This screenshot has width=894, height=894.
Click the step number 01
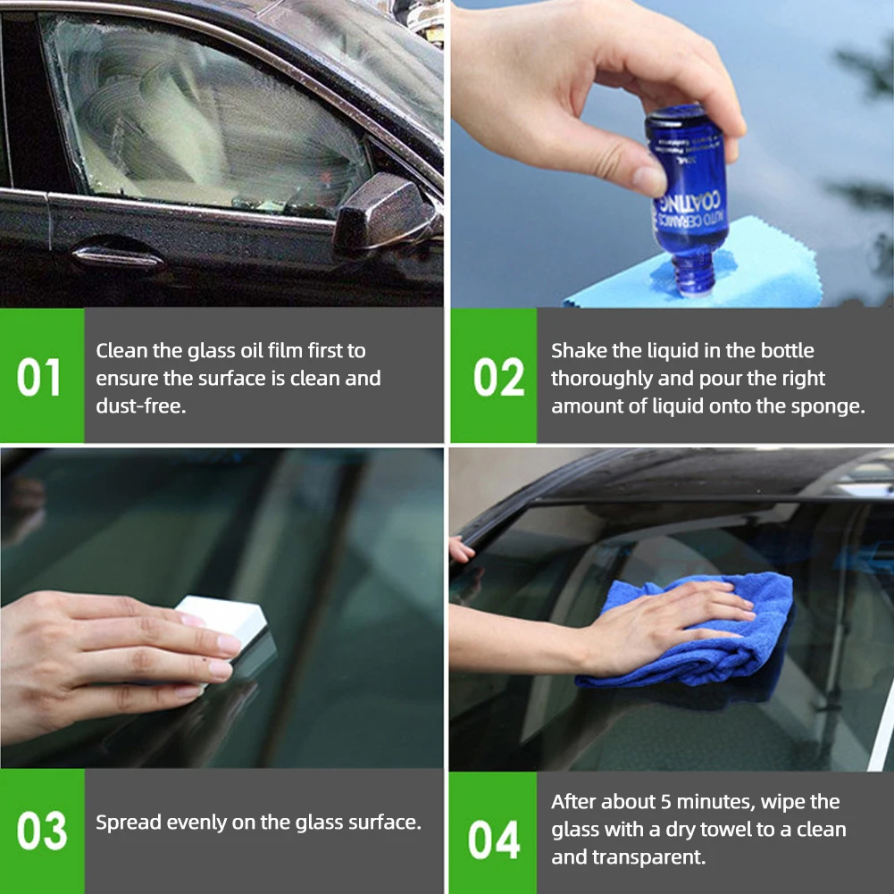click(x=39, y=377)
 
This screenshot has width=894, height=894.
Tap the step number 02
click(x=497, y=378)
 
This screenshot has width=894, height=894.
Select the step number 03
click(x=41, y=831)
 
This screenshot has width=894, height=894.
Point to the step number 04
click(x=494, y=840)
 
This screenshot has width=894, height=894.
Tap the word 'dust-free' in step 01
click(x=139, y=406)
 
